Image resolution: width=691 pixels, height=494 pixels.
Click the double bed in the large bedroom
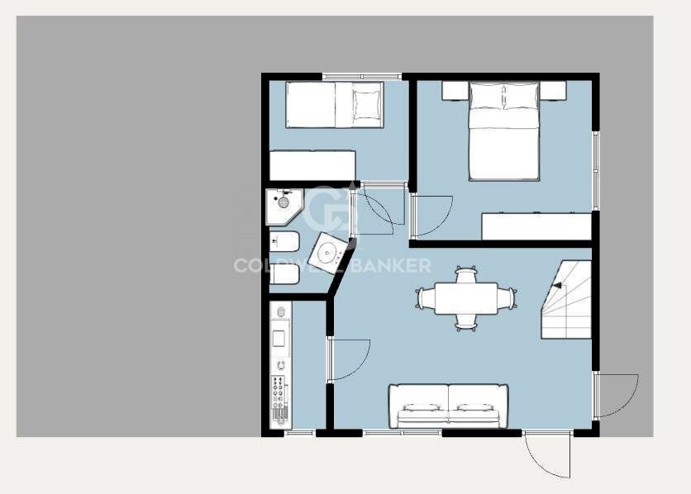[504, 131]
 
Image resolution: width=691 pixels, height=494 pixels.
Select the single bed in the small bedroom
[335, 105]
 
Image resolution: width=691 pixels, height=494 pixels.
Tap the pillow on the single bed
[366, 105]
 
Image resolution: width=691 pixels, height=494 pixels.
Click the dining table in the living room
[466, 298]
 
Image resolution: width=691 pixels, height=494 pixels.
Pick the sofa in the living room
[449, 406]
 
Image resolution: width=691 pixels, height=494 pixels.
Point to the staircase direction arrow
[557, 285]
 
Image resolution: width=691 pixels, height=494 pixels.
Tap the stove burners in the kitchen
[281, 397]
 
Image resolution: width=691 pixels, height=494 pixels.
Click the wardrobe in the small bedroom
[312, 165]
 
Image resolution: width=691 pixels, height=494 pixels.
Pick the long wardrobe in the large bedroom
[536, 226]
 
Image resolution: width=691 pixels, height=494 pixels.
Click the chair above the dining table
[466, 274]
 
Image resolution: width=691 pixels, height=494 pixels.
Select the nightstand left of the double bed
[455, 90]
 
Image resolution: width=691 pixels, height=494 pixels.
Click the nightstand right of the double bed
[553, 90]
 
